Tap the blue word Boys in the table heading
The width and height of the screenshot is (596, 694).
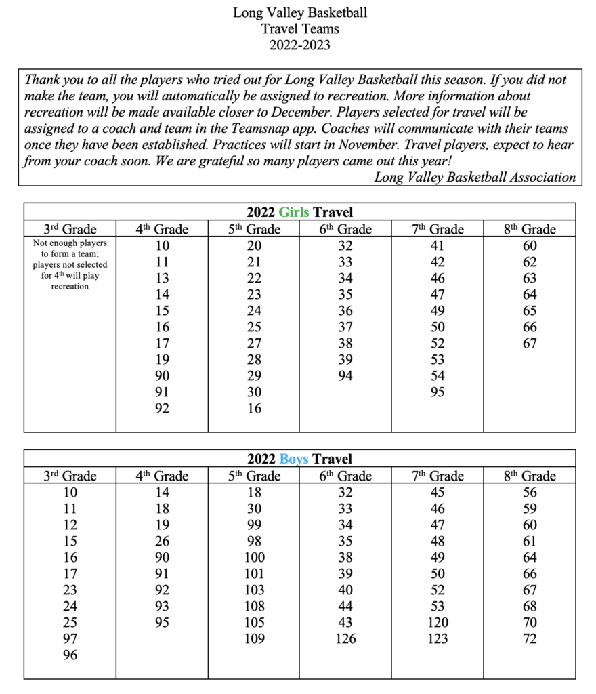click(294, 460)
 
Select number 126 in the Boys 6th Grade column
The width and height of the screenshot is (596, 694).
click(345, 638)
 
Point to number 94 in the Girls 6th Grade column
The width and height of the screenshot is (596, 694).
click(345, 375)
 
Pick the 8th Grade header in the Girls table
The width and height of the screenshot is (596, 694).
click(530, 230)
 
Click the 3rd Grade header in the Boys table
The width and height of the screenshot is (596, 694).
click(70, 476)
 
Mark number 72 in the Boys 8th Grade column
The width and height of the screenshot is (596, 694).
click(530, 638)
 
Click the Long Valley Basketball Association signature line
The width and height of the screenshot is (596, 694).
click(475, 178)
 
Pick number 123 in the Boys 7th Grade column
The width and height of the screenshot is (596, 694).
click(438, 638)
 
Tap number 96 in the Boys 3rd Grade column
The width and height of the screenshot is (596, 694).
click(70, 655)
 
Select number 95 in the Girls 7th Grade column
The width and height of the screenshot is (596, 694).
click(438, 392)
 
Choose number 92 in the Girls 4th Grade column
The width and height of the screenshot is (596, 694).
click(162, 408)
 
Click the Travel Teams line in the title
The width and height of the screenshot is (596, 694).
click(300, 28)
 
